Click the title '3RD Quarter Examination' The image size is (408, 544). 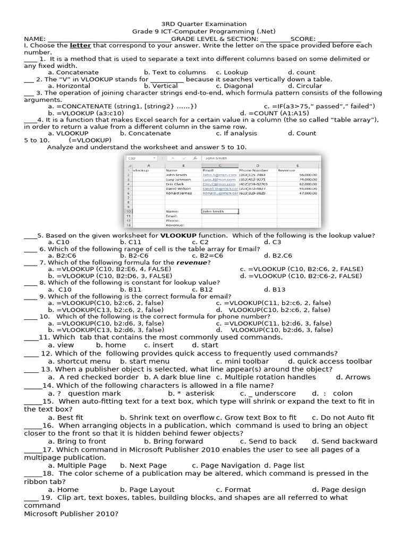click(204, 24)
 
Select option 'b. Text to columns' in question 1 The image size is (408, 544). click(175, 72)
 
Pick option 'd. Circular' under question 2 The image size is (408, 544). click(305, 86)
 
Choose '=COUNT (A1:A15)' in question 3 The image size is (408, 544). click(274, 113)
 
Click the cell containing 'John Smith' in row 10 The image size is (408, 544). click(219, 211)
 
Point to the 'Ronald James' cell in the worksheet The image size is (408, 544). click(179, 193)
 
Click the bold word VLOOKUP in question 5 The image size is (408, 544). click(178, 235)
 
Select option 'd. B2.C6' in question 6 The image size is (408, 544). click(278, 256)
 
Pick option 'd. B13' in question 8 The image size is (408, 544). click(275, 290)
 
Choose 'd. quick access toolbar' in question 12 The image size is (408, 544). click(330, 361)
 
